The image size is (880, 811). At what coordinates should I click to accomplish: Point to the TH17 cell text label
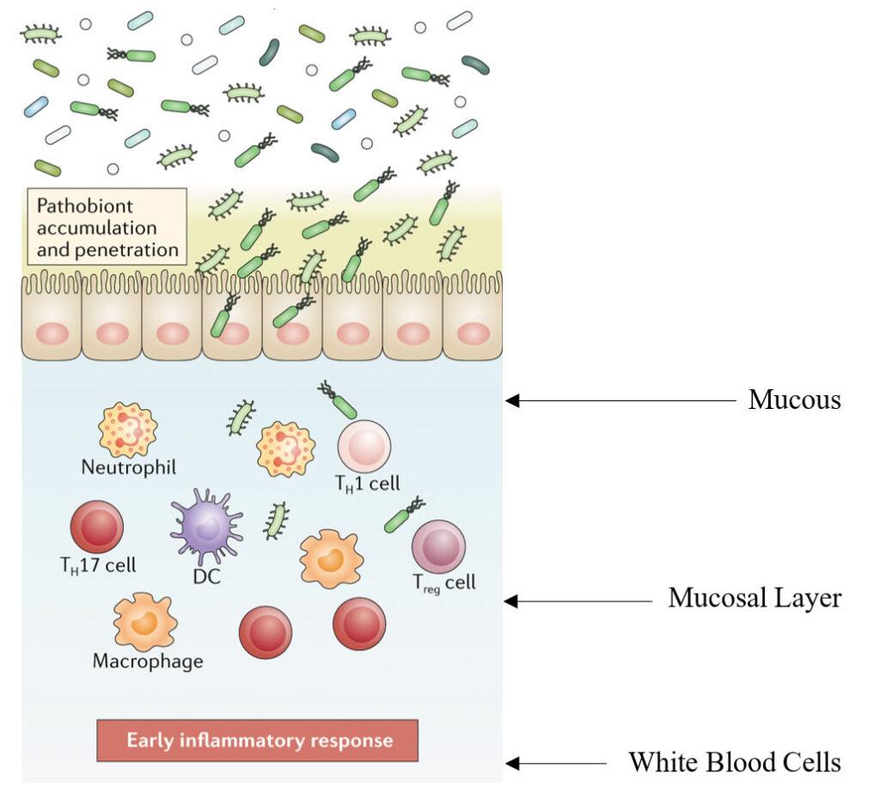pyautogui.click(x=97, y=565)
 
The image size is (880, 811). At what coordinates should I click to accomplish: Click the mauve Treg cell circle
pyautogui.click(x=438, y=546)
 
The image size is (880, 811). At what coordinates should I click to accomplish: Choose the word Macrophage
pyautogui.click(x=148, y=662)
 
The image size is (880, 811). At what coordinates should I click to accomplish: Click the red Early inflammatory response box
pyautogui.click(x=258, y=741)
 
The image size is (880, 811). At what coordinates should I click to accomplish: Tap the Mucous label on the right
pyautogui.click(x=794, y=399)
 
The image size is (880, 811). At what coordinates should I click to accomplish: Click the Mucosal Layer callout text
pyautogui.click(x=755, y=598)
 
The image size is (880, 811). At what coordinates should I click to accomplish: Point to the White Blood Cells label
pyautogui.click(x=734, y=762)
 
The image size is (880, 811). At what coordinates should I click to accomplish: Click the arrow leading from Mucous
pyautogui.click(x=619, y=399)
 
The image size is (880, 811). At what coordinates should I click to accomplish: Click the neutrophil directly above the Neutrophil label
pyautogui.click(x=128, y=429)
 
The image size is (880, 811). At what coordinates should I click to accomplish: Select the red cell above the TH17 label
pyautogui.click(x=96, y=527)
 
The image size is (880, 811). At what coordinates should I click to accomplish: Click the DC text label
pyautogui.click(x=207, y=576)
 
